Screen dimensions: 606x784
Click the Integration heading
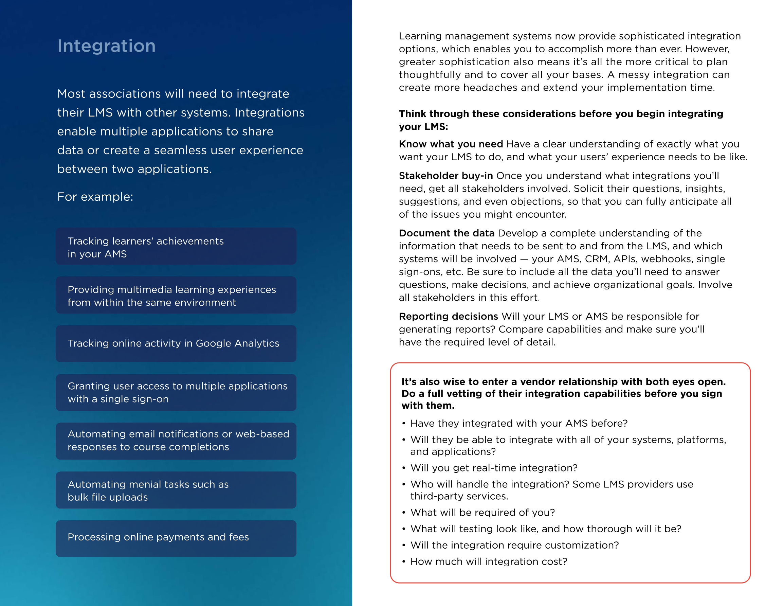pos(106,46)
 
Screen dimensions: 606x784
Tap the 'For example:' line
pos(95,197)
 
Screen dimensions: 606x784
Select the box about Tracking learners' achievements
pos(176,246)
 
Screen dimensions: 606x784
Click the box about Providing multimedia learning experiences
pos(176,295)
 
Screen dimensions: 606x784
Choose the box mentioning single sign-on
pos(176,393)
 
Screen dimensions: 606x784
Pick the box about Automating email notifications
pos(176,441)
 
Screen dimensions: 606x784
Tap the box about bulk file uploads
pos(176,490)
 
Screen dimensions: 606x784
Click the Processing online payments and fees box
pos(176,538)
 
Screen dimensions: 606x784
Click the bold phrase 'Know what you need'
pos(451,144)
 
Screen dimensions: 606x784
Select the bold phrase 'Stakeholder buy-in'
pos(445,176)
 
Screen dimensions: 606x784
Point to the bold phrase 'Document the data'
pos(446,233)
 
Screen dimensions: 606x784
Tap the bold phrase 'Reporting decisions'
pos(448,317)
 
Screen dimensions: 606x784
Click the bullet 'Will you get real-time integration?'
pos(494,468)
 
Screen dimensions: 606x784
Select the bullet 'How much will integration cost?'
pos(489,562)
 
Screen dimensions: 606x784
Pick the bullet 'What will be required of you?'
pos(482,513)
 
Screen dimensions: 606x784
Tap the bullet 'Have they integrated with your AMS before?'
pos(519,424)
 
